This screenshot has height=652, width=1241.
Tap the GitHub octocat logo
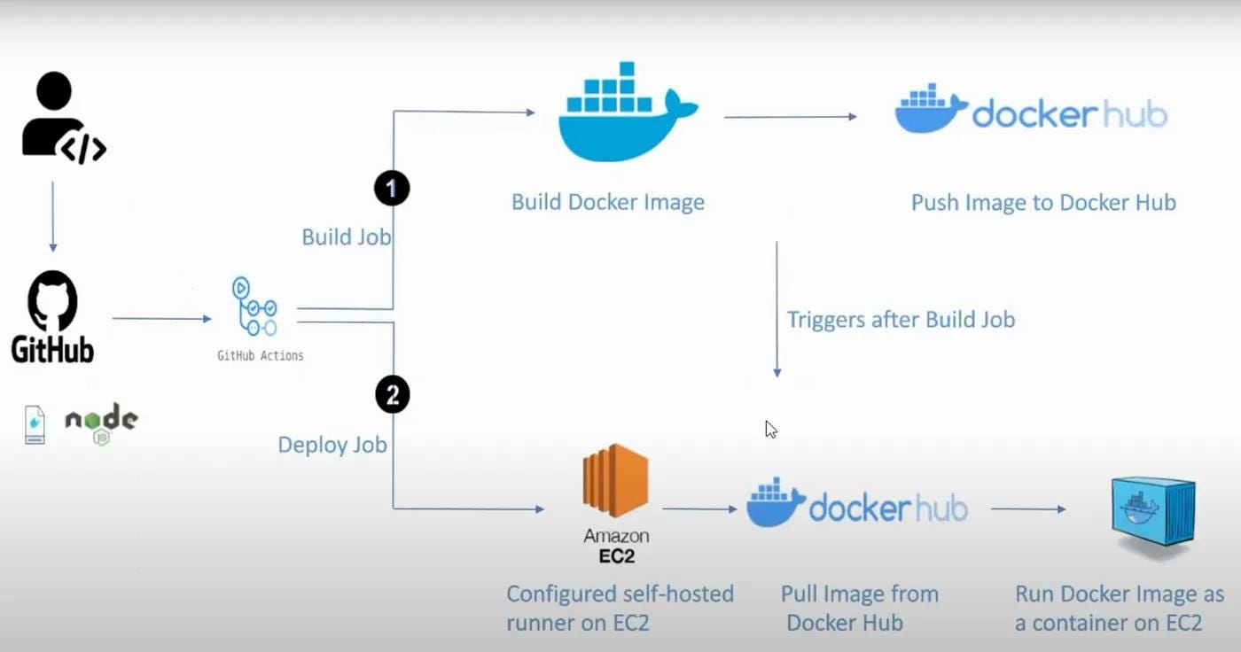52,300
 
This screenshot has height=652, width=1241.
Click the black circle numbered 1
392,188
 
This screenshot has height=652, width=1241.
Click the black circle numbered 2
392,394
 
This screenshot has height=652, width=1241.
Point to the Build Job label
347,237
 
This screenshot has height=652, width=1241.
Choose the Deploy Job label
332,445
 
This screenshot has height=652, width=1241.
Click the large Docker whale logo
628,112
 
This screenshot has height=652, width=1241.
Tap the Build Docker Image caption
608,203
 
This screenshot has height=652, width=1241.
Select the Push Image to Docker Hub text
1043,203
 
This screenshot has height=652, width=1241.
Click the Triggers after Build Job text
901,320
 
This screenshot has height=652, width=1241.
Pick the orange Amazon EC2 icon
615,480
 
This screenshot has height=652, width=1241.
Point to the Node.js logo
101,423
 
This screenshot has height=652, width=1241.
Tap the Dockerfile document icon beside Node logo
35,424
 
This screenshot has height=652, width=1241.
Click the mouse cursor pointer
770,429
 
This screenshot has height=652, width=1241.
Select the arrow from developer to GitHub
53,216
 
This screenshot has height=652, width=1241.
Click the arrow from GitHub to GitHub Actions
161,318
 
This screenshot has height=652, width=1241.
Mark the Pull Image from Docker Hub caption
859,609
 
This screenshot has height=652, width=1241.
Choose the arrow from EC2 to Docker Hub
699,508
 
